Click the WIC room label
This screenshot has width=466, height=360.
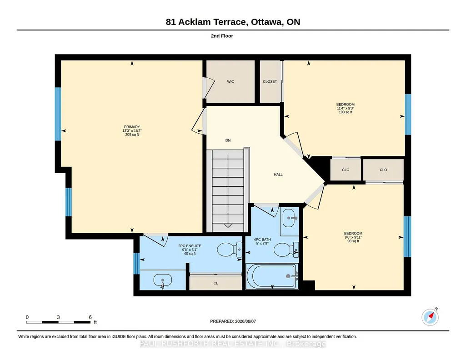pyautogui.click(x=230, y=81)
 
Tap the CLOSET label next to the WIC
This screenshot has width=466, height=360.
pyautogui.click(x=270, y=81)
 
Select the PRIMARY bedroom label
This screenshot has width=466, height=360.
pyautogui.click(x=132, y=127)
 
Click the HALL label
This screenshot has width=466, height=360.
pyautogui.click(x=278, y=175)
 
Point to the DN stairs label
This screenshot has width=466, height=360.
pyautogui.click(x=228, y=140)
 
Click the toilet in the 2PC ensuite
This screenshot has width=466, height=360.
pyautogui.click(x=230, y=250)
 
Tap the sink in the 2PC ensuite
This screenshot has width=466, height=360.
pyautogui.click(x=163, y=280)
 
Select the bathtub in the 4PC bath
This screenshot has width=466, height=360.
pyautogui.click(x=272, y=276)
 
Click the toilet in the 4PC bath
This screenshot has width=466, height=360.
pyautogui.click(x=286, y=250)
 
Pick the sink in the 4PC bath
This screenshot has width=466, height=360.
pyautogui.click(x=289, y=218)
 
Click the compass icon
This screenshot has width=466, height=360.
pyautogui.click(x=430, y=317)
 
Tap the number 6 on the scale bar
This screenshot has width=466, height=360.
pyautogui.click(x=90, y=317)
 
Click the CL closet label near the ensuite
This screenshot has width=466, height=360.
pyautogui.click(x=216, y=283)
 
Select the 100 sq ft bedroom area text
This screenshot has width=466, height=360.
pyautogui.click(x=346, y=112)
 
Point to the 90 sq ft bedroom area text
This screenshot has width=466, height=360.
pyautogui.click(x=353, y=241)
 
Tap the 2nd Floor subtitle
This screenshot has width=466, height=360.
pyautogui.click(x=222, y=36)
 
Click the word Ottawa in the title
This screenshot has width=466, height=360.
pyautogui.click(x=266, y=22)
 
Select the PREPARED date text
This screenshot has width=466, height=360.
pyautogui.click(x=233, y=321)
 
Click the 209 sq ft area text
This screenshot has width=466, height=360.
pyautogui.click(x=132, y=135)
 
